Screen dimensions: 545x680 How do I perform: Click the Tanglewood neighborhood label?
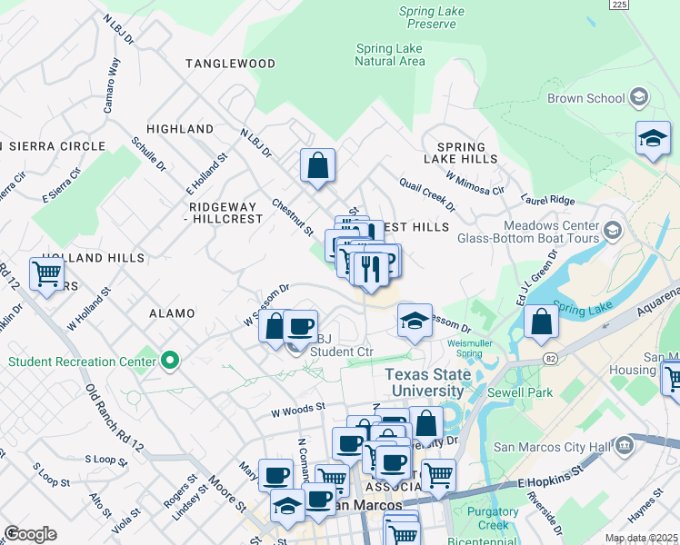coord(230,64)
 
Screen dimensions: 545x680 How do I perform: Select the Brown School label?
coord(585,98)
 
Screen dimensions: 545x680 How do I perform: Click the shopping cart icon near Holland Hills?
coord(46,272)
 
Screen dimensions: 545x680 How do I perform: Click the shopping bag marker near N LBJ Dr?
coord(318,165)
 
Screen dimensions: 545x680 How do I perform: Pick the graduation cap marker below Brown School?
coord(653,138)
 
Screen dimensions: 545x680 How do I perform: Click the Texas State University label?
coord(425,382)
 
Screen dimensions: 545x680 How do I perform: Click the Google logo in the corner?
coord(30,534)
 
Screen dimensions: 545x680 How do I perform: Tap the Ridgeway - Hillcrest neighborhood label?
coord(226,213)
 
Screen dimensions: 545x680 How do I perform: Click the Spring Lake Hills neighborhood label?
coord(467,153)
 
